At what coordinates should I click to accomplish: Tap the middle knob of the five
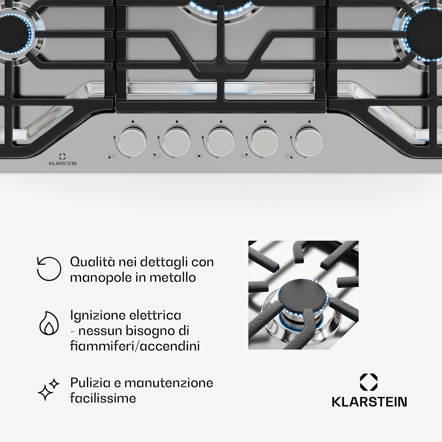221,141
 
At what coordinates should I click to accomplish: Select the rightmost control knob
309,141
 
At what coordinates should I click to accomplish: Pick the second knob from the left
177,141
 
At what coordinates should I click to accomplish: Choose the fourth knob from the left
265,141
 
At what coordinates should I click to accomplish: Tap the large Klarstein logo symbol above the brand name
369,382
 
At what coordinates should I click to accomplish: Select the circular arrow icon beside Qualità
49,268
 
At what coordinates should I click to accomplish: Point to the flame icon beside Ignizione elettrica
49,323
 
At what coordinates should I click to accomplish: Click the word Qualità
93,262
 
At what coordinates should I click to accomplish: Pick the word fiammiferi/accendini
135,346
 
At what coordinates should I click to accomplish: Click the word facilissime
103,398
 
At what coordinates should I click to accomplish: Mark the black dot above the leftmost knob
133,121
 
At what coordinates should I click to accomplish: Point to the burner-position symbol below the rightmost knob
289,156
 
